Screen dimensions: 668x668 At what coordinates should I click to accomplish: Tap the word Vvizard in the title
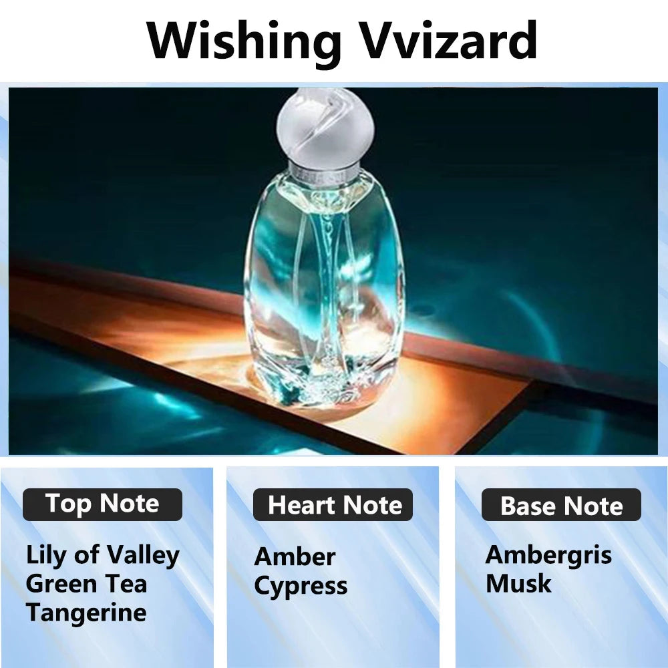450,41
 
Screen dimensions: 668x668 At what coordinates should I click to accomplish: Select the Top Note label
102,504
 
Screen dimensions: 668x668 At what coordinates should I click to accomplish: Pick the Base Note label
561,505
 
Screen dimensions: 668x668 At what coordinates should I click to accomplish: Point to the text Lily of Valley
102,555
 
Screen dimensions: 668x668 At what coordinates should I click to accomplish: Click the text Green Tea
86,583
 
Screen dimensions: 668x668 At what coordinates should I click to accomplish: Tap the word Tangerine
86,612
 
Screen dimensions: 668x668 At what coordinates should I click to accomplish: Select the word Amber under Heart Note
295,556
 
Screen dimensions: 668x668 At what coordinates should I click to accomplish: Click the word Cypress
301,586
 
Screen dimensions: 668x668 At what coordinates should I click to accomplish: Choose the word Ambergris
548,554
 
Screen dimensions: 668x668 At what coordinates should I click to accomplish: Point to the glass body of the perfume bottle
324,287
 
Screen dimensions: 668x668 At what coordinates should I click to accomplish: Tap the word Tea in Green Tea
129,583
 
